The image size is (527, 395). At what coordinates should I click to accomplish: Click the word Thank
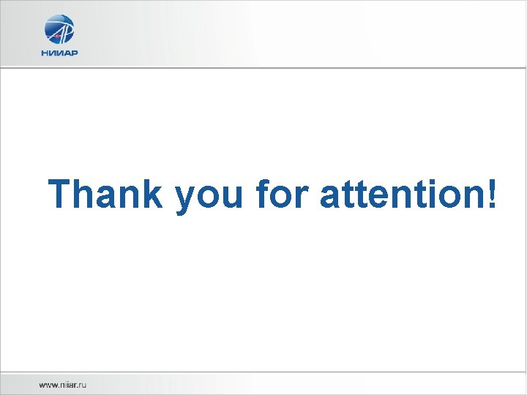tap(106, 195)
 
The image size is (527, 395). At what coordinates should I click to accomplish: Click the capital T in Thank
tap(63, 195)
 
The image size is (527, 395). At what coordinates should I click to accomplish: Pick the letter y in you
tap(186, 199)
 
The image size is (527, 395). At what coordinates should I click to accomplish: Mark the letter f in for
tap(263, 195)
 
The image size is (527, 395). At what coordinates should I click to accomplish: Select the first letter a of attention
tap(331, 197)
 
